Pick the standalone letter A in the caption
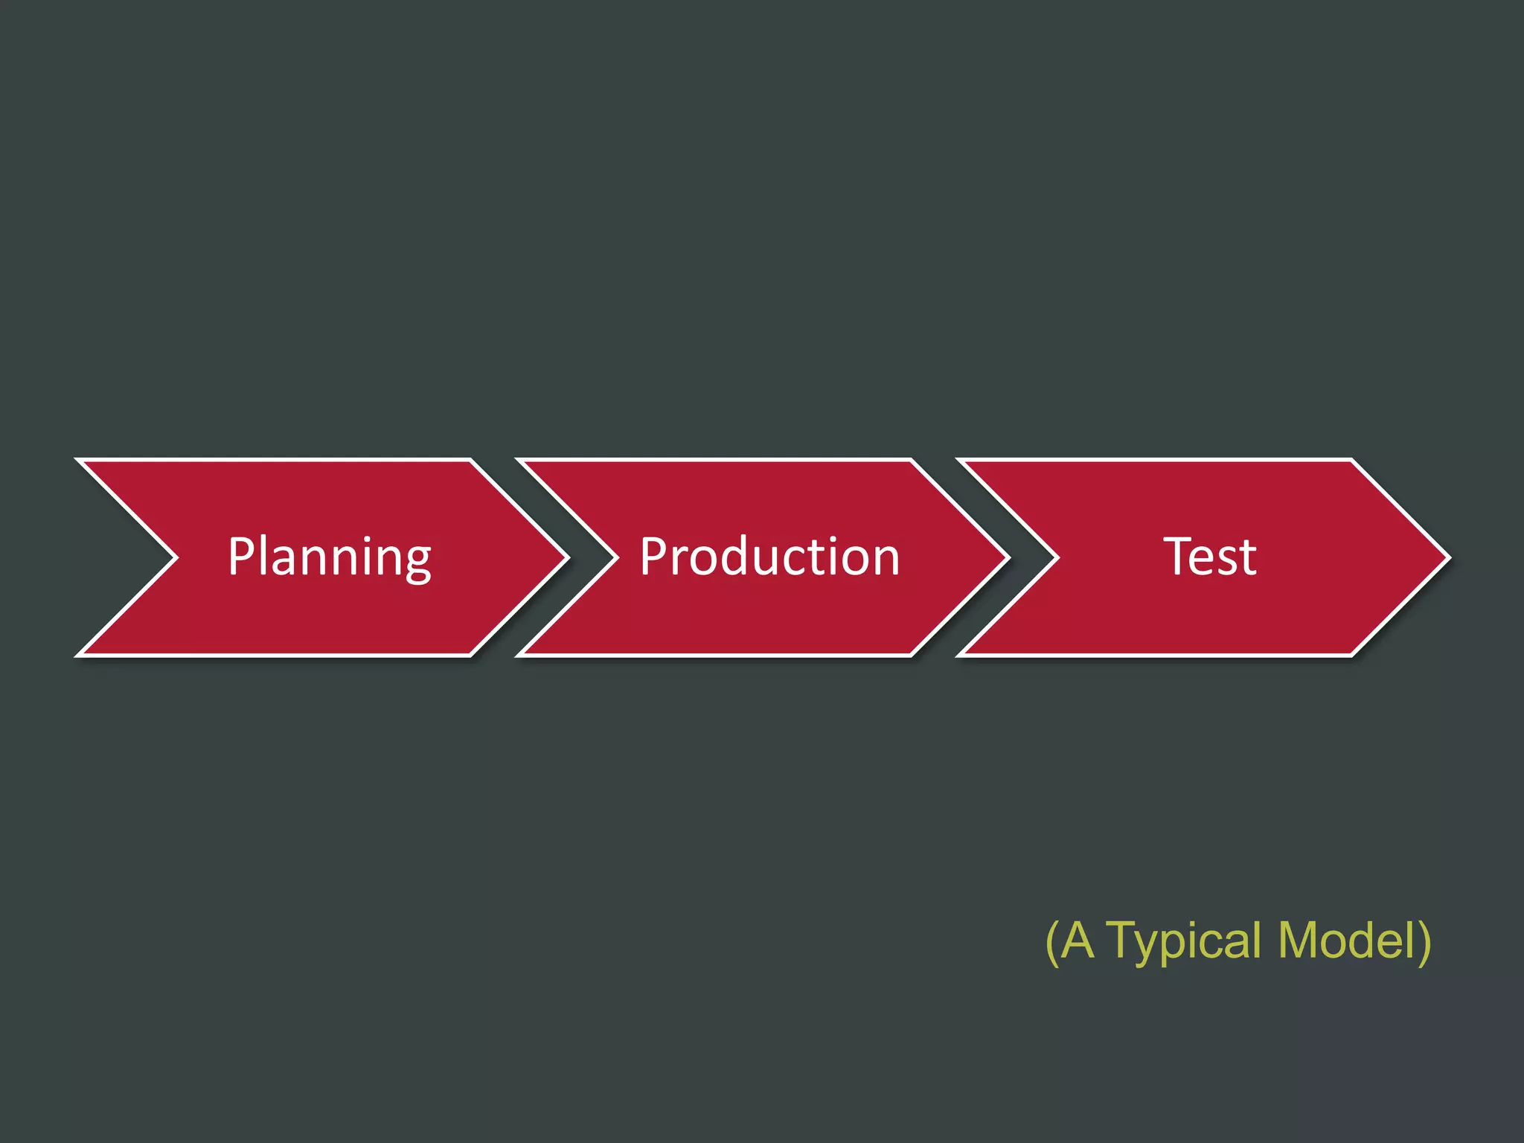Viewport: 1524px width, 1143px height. (1078, 941)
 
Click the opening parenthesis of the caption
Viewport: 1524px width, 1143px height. (1052, 942)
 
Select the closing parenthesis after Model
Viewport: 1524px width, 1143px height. (1424, 942)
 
